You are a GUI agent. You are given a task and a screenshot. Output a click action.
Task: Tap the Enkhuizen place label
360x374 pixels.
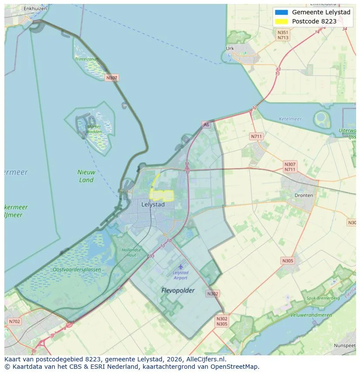point(35,8)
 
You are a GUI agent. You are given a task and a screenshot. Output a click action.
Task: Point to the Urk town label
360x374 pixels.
point(230,49)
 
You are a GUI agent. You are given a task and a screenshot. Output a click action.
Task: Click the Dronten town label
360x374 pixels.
point(303,195)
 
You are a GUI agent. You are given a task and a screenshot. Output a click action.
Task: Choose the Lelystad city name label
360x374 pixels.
point(153,204)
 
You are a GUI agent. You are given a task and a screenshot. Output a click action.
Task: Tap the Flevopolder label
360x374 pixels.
point(178,290)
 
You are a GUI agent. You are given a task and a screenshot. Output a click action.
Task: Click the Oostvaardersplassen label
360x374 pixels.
point(77,270)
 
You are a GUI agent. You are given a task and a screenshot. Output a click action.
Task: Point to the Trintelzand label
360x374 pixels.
point(86,59)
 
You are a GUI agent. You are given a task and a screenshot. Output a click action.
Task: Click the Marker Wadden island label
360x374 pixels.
point(94,129)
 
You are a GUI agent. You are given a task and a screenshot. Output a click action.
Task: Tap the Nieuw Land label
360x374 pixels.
point(86,176)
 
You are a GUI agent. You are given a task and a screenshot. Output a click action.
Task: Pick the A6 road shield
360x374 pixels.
point(206,125)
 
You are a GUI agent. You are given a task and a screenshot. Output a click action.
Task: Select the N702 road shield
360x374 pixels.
point(14,321)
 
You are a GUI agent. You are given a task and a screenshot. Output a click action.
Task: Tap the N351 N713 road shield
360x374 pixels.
point(283,35)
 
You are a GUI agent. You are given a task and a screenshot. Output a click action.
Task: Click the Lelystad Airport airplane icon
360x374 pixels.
point(180,267)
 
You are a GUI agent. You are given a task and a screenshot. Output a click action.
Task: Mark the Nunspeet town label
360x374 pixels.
point(345,345)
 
